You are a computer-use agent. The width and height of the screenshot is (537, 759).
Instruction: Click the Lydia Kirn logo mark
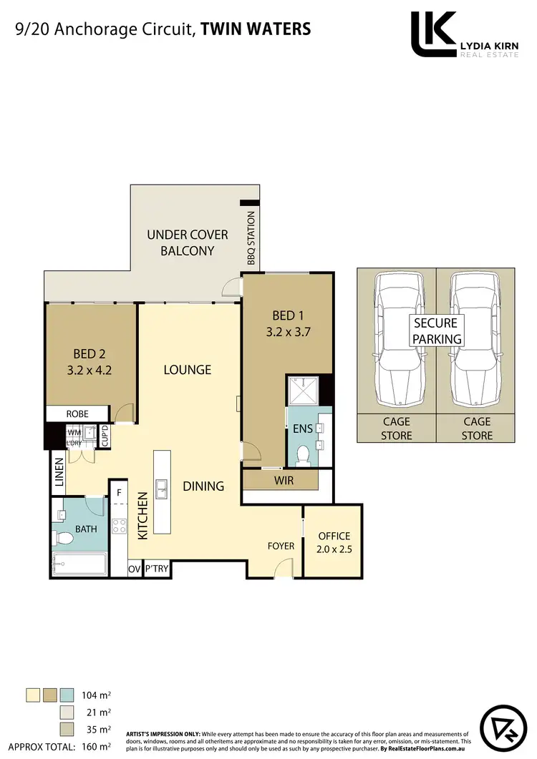click(x=434, y=34)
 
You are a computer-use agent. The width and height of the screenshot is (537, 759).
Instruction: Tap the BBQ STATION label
click(x=251, y=238)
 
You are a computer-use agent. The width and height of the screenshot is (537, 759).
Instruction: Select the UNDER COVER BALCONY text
click(x=188, y=243)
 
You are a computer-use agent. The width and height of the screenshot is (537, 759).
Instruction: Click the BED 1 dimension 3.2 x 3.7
click(x=288, y=331)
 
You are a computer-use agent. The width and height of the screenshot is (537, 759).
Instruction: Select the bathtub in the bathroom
click(x=79, y=564)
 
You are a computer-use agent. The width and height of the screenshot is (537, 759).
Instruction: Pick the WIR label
click(x=284, y=480)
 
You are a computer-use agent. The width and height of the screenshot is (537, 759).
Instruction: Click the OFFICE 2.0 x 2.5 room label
click(x=334, y=542)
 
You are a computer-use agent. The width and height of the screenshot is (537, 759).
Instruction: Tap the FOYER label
click(x=281, y=546)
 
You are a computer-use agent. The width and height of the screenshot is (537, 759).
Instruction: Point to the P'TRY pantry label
click(x=156, y=569)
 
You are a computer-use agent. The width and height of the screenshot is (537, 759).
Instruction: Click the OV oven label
click(x=134, y=569)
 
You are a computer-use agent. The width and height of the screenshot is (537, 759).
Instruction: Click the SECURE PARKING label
click(x=435, y=330)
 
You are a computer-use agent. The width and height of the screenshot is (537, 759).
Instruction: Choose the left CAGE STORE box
click(x=396, y=429)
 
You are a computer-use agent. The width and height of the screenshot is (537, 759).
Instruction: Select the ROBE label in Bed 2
click(x=77, y=413)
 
